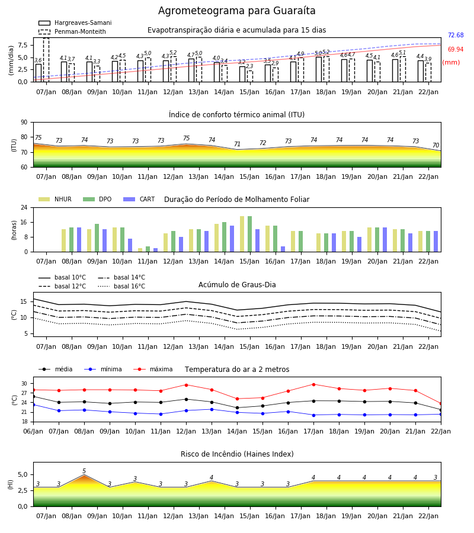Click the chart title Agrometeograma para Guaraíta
click(236, 11)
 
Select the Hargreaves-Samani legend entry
click(75, 23)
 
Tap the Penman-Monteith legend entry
click(72, 31)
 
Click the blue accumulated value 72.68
click(456, 36)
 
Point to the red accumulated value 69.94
click(456, 49)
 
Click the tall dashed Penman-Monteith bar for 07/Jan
click(46, 60)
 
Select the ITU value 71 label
click(237, 144)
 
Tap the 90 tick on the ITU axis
click(24, 123)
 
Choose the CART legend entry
click(139, 199)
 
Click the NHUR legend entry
click(55, 199)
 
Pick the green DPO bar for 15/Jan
click(250, 234)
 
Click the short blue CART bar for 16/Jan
click(283, 249)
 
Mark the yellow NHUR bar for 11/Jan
click(140, 250)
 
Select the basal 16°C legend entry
click(121, 286)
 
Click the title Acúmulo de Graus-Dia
click(237, 284)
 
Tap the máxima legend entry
click(153, 369)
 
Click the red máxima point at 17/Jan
click(313, 384)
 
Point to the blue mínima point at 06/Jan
click(33, 405)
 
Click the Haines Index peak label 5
click(84, 471)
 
